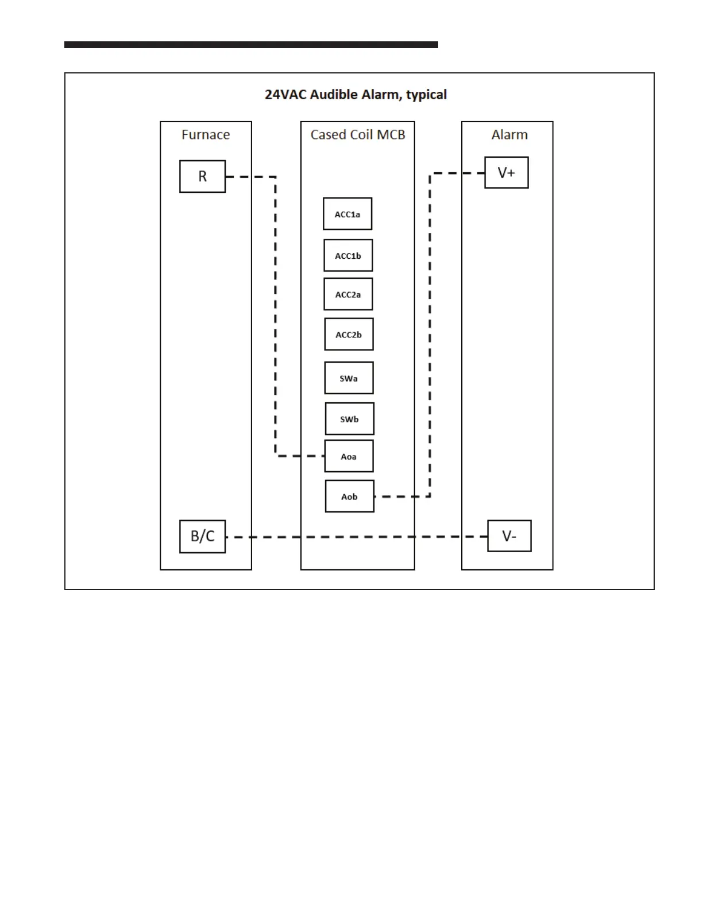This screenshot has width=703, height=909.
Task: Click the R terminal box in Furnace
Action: point(202,177)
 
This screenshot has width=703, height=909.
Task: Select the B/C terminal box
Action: point(202,537)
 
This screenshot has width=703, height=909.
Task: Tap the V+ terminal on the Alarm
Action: point(506,173)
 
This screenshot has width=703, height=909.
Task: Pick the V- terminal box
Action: point(509,536)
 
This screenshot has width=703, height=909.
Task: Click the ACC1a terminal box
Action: point(347,214)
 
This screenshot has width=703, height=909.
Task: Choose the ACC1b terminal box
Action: point(348,256)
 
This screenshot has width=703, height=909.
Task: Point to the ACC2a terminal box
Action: point(348,294)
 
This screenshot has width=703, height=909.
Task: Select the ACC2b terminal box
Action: point(349,335)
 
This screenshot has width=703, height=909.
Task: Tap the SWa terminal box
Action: point(349,378)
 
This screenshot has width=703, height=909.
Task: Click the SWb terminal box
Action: point(349,419)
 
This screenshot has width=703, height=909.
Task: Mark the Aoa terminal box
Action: point(349,456)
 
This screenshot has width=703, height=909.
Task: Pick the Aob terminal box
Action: point(349,496)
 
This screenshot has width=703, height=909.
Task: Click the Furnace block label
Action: point(206,135)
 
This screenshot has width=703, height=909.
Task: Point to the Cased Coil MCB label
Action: point(358,135)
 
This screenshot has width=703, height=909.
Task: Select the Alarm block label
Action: point(509,135)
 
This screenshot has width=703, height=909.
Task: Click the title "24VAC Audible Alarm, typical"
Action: point(356,95)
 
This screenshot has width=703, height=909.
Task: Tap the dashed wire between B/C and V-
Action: point(356,537)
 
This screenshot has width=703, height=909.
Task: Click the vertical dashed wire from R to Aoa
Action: point(276,316)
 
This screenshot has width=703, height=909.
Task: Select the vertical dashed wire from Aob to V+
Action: point(430,333)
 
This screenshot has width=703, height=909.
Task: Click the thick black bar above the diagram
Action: point(251,45)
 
